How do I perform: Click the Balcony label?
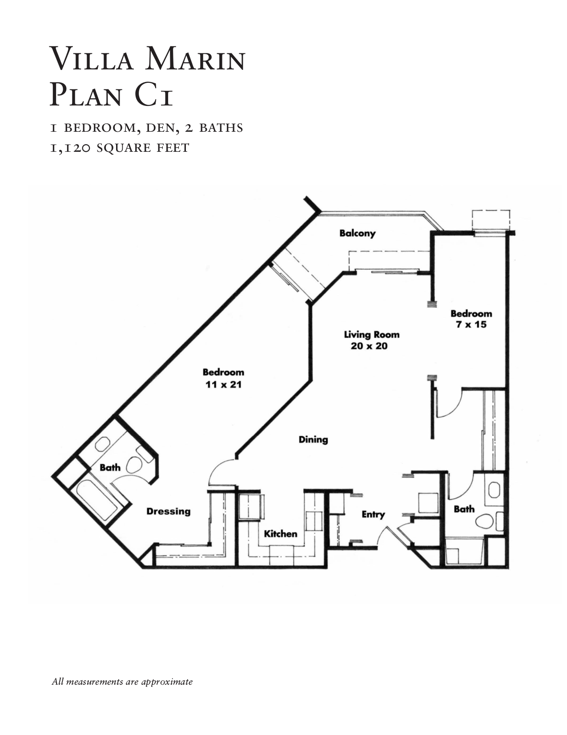(x=357, y=233)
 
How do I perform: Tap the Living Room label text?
(x=372, y=334)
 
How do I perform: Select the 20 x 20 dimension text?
(x=369, y=346)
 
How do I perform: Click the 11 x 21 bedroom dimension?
(x=223, y=384)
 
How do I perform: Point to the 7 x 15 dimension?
(x=471, y=325)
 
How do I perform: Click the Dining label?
(x=313, y=439)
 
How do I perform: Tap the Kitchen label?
(x=281, y=534)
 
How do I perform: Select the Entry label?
(x=373, y=515)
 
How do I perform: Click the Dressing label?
(x=169, y=512)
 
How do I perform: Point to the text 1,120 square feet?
(x=120, y=147)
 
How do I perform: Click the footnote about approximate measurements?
(x=122, y=682)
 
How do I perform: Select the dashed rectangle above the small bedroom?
(x=491, y=219)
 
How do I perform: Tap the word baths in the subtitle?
(x=221, y=128)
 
